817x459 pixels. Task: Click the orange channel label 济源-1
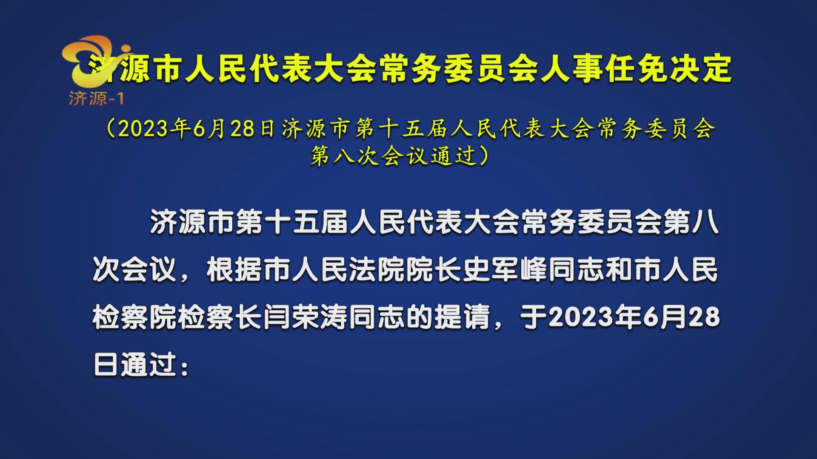(x=96, y=99)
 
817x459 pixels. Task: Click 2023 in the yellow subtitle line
(x=143, y=129)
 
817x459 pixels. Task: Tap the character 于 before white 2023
(x=534, y=317)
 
